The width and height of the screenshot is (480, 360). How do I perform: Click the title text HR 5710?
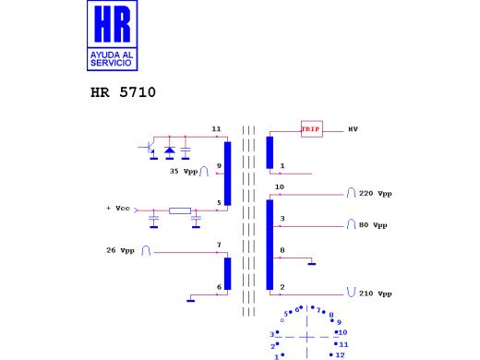click(124, 93)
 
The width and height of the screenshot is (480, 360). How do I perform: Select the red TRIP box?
click(311, 129)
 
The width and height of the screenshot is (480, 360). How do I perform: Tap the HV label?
click(352, 129)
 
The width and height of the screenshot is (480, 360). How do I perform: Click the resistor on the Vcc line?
click(180, 210)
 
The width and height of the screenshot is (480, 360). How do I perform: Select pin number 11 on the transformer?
click(216, 128)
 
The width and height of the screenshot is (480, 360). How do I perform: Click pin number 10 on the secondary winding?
click(279, 187)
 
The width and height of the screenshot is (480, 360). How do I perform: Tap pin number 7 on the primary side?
click(219, 245)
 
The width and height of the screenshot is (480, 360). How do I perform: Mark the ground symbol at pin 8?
click(313, 265)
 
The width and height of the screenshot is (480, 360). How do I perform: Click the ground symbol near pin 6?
click(190, 299)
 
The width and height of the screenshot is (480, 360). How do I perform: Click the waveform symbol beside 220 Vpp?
click(351, 194)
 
